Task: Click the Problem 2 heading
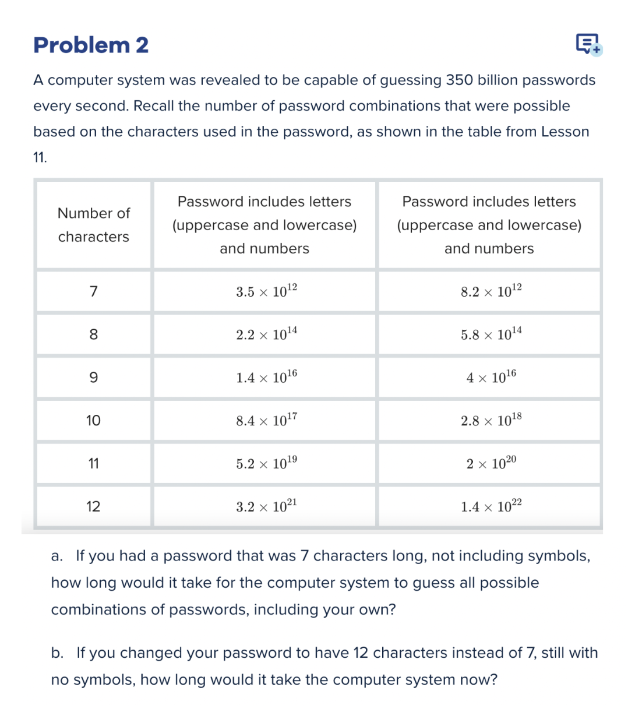(x=91, y=45)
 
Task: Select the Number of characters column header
(x=93, y=225)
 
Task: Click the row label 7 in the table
(x=93, y=291)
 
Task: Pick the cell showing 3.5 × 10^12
(x=266, y=291)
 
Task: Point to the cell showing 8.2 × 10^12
(x=491, y=291)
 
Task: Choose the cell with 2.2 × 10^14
(x=266, y=334)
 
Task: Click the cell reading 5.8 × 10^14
(x=491, y=334)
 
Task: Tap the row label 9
(x=93, y=378)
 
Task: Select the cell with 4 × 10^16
(x=491, y=377)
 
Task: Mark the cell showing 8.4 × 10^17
(x=266, y=420)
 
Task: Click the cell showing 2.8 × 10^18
(x=491, y=420)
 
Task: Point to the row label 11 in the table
(x=93, y=464)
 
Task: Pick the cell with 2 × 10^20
(x=491, y=463)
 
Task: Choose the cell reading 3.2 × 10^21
(x=266, y=506)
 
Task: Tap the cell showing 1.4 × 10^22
(x=491, y=506)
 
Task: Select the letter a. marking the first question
(x=57, y=556)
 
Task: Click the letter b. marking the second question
(x=57, y=653)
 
